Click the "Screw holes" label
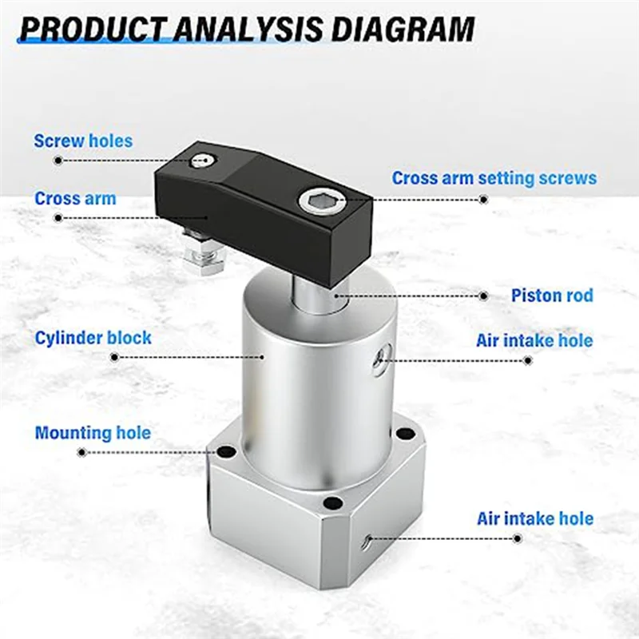click(x=83, y=141)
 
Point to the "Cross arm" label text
click(x=75, y=198)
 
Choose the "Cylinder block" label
click(x=93, y=338)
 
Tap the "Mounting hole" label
click(x=93, y=433)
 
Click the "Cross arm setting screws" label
click(x=494, y=177)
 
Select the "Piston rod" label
click(x=552, y=296)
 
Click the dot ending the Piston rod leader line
click(x=483, y=296)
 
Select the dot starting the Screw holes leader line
click(x=58, y=160)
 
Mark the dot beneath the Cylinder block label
click(x=113, y=357)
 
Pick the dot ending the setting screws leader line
click(x=483, y=198)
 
